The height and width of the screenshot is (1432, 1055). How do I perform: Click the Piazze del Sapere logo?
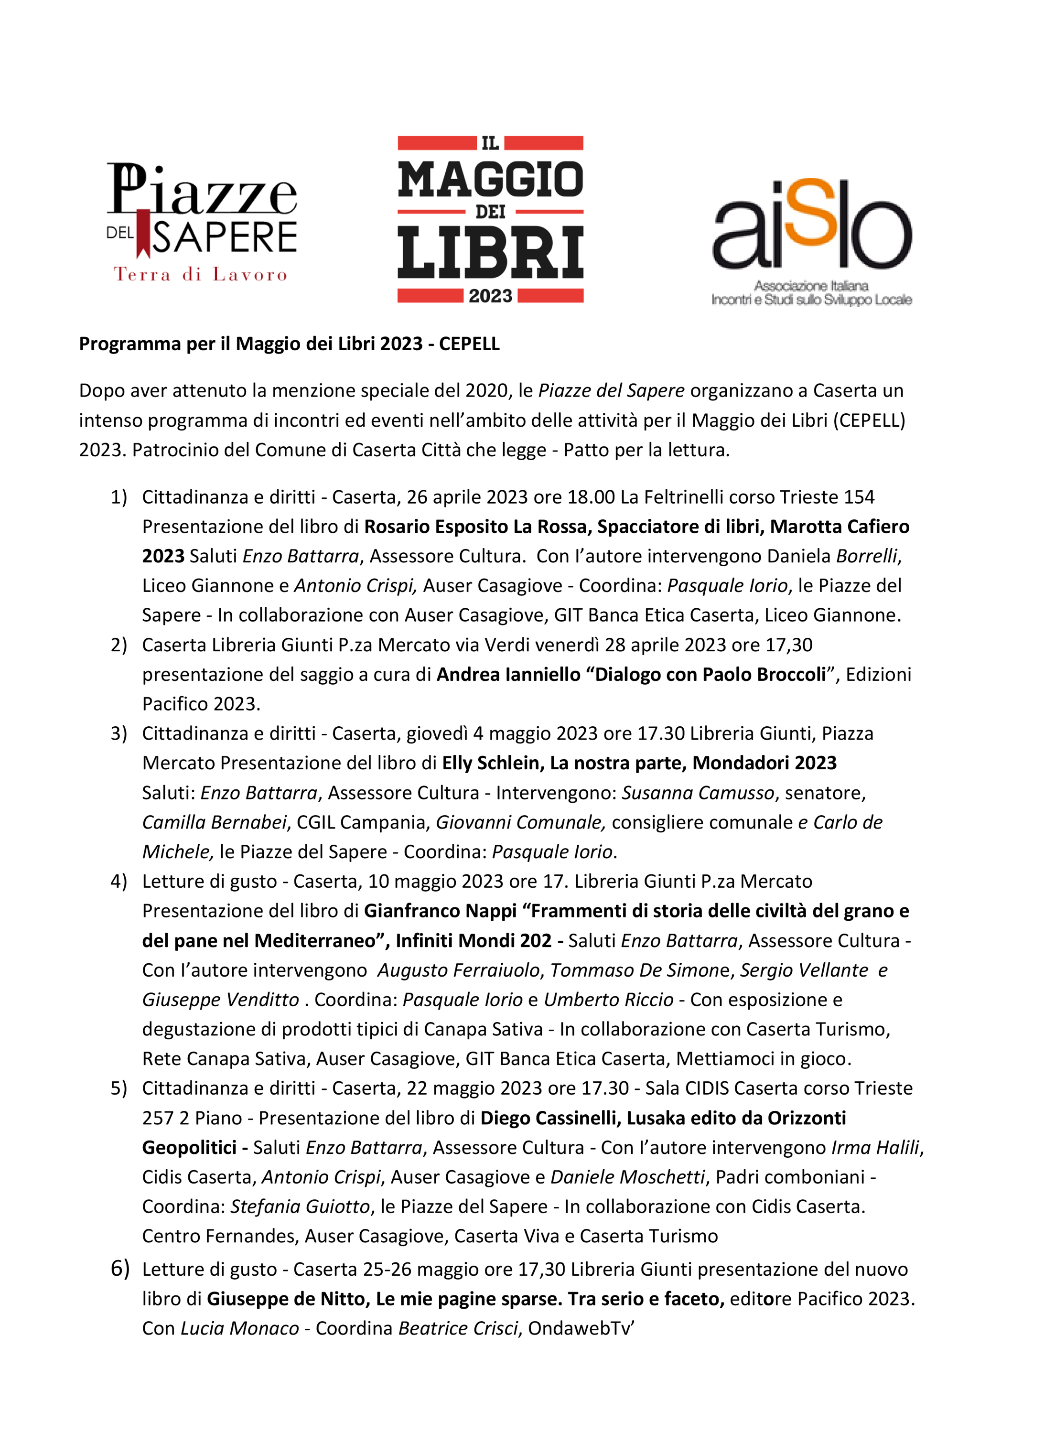click(201, 221)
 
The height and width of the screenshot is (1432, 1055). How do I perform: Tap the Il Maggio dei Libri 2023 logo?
click(490, 219)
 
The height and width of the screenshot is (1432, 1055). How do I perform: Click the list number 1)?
click(119, 497)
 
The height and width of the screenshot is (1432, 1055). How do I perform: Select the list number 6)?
click(119, 1268)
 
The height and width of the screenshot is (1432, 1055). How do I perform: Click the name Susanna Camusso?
click(698, 793)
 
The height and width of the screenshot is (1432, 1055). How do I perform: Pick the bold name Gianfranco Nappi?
click(440, 911)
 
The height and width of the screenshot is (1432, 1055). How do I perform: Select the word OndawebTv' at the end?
click(581, 1328)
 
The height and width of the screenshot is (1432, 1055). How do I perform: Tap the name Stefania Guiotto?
click(300, 1206)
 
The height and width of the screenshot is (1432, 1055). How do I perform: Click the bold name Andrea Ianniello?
click(508, 675)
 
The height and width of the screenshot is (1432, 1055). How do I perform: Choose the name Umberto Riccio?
click(609, 1000)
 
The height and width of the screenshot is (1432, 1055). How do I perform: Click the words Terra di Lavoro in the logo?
click(201, 275)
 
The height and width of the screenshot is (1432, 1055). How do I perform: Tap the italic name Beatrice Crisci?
click(458, 1328)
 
